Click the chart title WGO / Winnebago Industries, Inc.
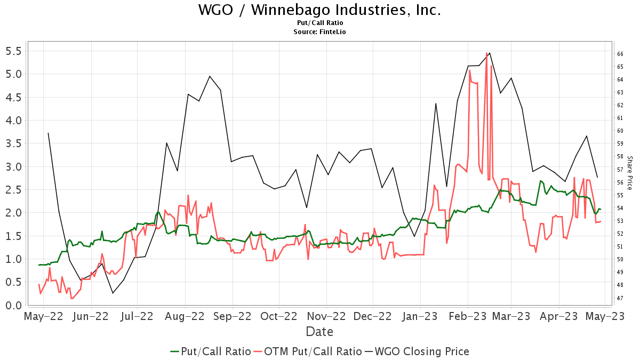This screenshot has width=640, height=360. point(319,10)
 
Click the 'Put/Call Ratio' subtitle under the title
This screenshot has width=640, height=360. point(319,23)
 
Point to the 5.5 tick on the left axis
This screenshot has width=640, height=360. point(13,51)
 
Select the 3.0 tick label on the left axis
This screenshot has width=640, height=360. point(13,167)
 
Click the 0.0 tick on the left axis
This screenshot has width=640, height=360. point(13,306)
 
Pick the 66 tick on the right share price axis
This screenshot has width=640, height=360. point(620,54)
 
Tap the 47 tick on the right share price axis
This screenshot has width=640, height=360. point(620,298)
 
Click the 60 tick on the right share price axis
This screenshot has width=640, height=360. point(620,131)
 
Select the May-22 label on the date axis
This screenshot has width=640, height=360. point(44,316)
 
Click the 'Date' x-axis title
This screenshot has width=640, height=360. point(319,332)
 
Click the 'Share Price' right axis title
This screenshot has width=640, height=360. point(629,173)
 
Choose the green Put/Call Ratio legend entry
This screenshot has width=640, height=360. point(211,351)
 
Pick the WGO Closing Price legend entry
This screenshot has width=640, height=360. point(417,351)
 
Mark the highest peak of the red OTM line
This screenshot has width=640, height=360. point(486,53)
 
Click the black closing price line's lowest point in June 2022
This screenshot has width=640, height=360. point(113,293)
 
